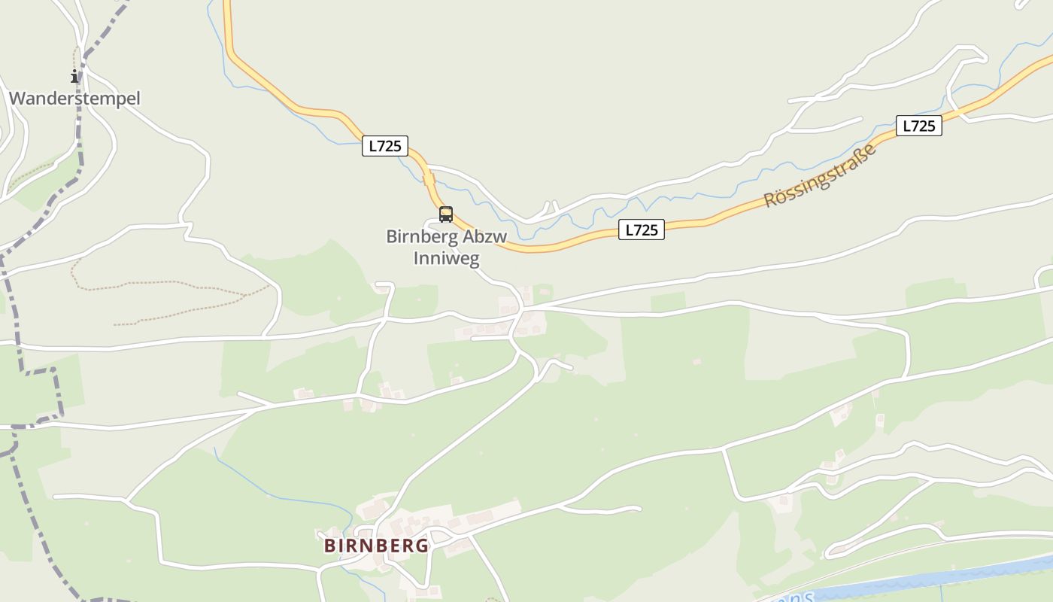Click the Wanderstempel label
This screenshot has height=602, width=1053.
point(74,99)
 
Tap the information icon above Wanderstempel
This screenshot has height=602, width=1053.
point(74,76)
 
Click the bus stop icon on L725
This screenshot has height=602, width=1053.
point(446,214)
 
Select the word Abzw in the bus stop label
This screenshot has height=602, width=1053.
point(485,236)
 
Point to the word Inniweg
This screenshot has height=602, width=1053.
point(446,257)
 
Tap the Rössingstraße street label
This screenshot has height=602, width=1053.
point(821,176)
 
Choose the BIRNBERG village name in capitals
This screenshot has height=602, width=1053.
point(376,546)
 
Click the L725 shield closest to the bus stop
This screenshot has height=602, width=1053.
point(385,145)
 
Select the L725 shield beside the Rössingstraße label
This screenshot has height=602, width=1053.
point(918,126)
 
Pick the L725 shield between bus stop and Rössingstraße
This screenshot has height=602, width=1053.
point(642,230)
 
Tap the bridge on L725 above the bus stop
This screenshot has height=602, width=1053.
point(427,179)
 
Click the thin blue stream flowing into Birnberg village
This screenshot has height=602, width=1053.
point(286,497)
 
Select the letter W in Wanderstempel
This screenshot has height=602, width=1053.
point(17,99)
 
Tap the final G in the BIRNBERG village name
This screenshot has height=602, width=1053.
point(421,546)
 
